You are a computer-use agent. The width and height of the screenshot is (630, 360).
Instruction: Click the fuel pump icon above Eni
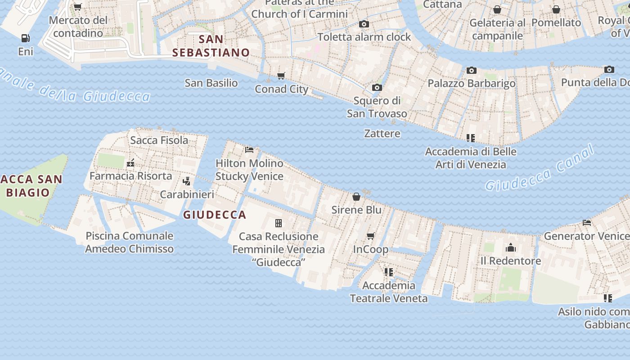click(x=26, y=38)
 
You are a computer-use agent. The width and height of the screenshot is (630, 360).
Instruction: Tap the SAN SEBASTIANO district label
click(x=211, y=46)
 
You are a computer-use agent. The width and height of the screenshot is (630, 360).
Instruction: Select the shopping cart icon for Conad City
click(x=281, y=76)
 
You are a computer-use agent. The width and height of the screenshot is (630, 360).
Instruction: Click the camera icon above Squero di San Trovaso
click(x=377, y=87)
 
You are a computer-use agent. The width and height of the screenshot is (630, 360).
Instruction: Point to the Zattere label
click(x=382, y=134)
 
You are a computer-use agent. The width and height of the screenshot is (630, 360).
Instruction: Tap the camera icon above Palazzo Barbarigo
click(x=471, y=70)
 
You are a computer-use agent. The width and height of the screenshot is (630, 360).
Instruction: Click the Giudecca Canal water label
click(x=540, y=168)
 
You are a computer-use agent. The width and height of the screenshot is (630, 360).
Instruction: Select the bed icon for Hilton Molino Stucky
click(x=249, y=150)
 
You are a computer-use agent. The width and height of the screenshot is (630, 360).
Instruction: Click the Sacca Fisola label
click(x=159, y=140)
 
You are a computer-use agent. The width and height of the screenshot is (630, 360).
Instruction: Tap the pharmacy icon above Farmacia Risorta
click(x=131, y=163)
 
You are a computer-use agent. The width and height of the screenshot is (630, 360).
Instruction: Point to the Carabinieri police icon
click(x=187, y=181)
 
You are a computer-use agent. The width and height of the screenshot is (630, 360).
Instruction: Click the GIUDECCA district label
click(x=215, y=215)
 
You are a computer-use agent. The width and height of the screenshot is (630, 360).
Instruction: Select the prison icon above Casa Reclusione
click(x=279, y=223)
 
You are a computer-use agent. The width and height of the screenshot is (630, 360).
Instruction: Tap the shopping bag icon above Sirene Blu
click(x=356, y=197)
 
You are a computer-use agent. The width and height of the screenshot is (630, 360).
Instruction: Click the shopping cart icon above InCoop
click(x=371, y=236)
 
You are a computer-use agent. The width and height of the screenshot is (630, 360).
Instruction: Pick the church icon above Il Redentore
click(x=510, y=247)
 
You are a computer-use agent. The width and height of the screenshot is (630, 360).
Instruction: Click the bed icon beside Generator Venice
click(x=587, y=223)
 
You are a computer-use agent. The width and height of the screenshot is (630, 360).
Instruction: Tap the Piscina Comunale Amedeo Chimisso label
click(x=130, y=242)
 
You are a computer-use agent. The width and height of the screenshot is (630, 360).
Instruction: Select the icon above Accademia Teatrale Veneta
click(x=389, y=272)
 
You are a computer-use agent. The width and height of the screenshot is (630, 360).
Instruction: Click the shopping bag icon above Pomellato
click(x=556, y=9)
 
